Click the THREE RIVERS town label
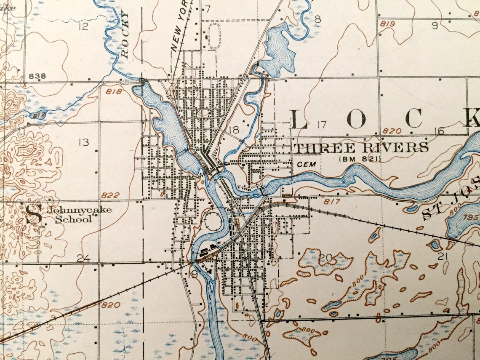point(361,148)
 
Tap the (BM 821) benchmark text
point(360,159)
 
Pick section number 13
point(84,142)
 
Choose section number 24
point(83,258)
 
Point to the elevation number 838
point(37,76)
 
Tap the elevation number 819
point(387,24)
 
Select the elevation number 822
point(110,195)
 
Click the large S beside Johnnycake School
point(34,214)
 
